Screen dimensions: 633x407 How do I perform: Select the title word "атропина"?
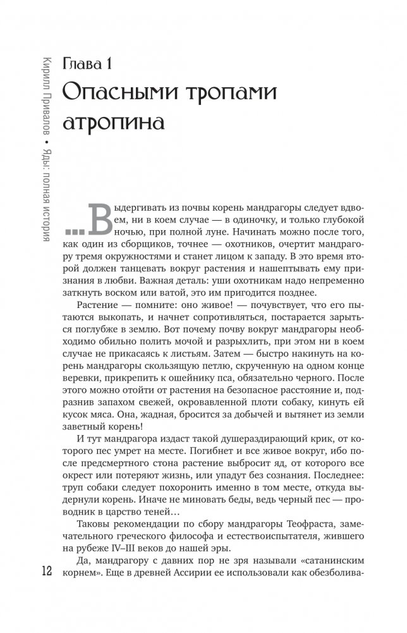(119, 120)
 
